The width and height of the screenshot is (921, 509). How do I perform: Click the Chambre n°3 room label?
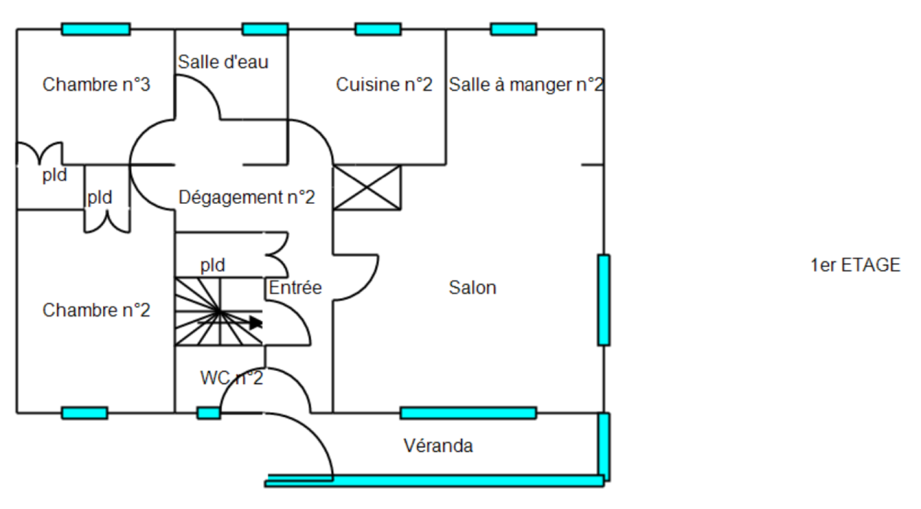click(96, 85)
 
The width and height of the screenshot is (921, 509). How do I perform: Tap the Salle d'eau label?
click(223, 62)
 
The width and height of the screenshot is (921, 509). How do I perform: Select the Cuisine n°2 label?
click(384, 85)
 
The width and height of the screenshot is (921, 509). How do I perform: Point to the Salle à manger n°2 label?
click(526, 85)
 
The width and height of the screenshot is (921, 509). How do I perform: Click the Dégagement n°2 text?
click(246, 197)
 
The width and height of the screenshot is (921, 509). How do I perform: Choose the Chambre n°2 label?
click(96, 310)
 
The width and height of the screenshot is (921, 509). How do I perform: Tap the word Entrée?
click(295, 287)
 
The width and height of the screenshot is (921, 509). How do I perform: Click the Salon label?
click(472, 287)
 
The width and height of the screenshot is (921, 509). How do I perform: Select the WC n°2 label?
click(231, 378)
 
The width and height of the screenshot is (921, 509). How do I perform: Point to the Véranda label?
click(438, 446)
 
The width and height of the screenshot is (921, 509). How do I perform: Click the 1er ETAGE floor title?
click(855, 265)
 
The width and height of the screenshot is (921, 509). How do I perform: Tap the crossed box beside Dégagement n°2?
click(367, 188)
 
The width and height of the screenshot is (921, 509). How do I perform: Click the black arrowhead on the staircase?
click(256, 322)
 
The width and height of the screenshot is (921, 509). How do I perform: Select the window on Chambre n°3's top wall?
click(96, 29)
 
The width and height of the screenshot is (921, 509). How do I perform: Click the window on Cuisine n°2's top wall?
click(378, 29)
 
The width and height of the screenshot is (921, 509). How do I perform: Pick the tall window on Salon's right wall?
click(603, 300)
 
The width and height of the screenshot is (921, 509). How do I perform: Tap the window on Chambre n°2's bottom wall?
click(85, 413)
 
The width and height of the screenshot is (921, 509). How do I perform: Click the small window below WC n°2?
click(208, 413)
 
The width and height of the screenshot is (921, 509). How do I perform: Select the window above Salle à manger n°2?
click(513, 29)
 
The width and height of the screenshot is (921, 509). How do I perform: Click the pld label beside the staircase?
click(212, 265)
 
